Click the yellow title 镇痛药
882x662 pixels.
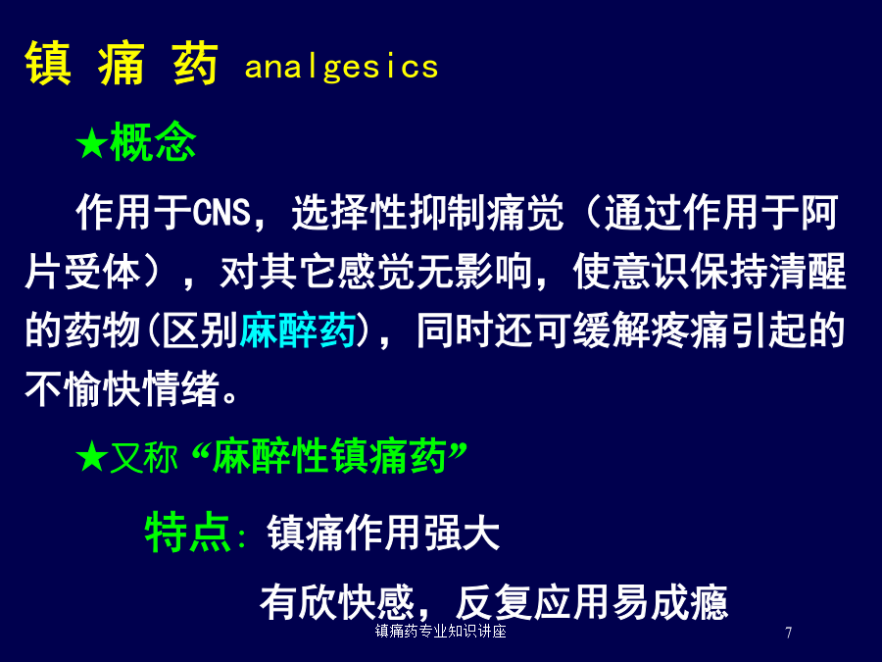pyautogui.click(x=122, y=63)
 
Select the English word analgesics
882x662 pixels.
pyautogui.click(x=341, y=67)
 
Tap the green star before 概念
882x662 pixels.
pyautogui.click(x=92, y=142)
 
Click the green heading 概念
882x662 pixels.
pyautogui.click(x=153, y=141)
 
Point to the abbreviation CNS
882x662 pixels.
pyautogui.click(x=221, y=213)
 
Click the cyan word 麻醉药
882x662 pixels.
pyautogui.click(x=298, y=330)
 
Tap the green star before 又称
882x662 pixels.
pyautogui.click(x=92, y=456)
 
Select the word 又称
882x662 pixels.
pyautogui.click(x=143, y=456)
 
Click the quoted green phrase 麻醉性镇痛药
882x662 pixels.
pyautogui.click(x=329, y=456)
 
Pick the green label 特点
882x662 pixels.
pyautogui.click(x=188, y=533)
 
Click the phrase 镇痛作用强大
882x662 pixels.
pyautogui.click(x=383, y=533)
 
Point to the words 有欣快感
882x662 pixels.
pyautogui.click(x=337, y=602)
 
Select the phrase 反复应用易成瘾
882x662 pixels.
pyautogui.click(x=592, y=602)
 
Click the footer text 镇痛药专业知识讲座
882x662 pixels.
pyautogui.click(x=441, y=631)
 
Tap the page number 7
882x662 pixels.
pyautogui.click(x=789, y=633)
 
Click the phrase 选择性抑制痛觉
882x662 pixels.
pyautogui.click(x=427, y=213)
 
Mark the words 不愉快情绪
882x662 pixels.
pyautogui.click(x=122, y=388)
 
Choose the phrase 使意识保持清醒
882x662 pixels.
pyautogui.click(x=710, y=272)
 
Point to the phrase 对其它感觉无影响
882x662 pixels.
pyautogui.click(x=375, y=272)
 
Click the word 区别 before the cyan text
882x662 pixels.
pyautogui.click(x=199, y=330)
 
